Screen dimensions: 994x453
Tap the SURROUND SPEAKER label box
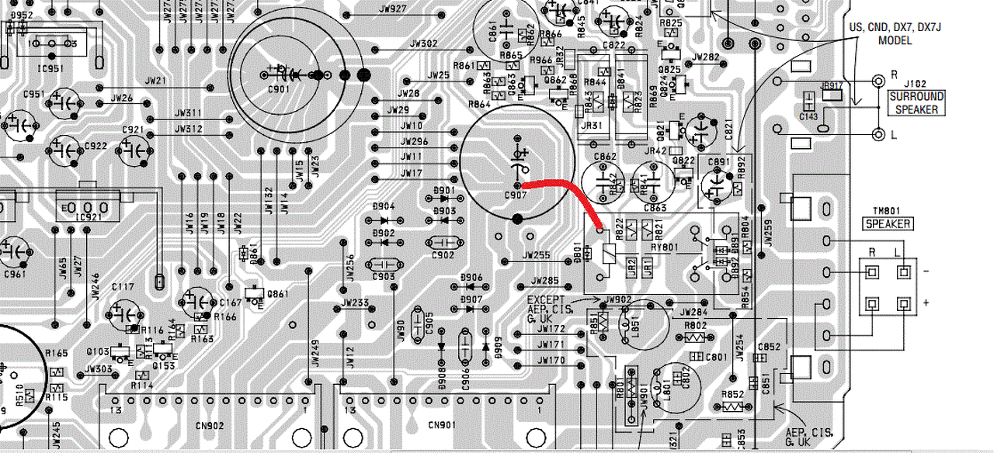pos(917,103)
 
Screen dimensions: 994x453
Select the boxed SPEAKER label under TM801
pos(888,224)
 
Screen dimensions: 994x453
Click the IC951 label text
pos(47,57)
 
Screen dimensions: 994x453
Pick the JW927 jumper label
pos(394,9)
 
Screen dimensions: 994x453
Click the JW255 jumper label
pos(536,254)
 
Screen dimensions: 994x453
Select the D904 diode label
pos(384,207)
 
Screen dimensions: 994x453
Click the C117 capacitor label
pos(123,287)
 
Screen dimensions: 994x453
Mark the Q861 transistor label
pos(276,293)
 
